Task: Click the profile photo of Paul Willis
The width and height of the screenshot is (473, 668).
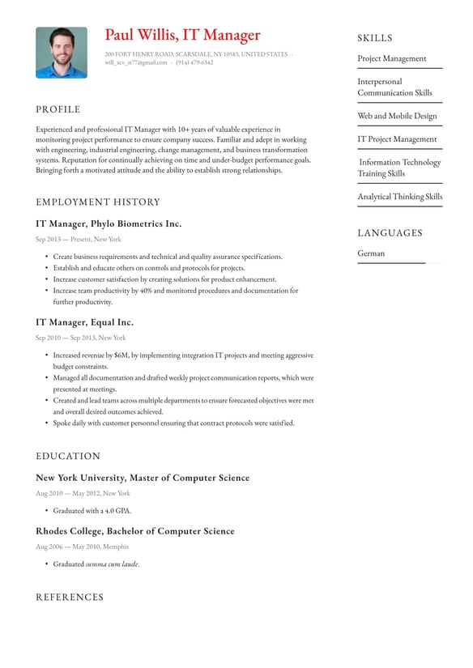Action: coord(62,53)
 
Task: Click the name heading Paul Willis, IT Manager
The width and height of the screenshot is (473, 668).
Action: coord(182,35)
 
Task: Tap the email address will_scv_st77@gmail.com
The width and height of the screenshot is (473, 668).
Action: coord(136,62)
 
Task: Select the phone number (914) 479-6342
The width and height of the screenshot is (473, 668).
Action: coord(194,62)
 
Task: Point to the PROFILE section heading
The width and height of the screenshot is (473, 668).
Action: coord(58,109)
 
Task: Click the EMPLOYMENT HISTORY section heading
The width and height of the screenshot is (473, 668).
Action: coord(98,202)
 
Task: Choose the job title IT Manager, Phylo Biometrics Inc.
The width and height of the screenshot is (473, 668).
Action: coord(109,223)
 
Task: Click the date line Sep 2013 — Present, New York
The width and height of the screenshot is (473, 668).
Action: coord(79,239)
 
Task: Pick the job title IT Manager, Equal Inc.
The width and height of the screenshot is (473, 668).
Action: coord(84,322)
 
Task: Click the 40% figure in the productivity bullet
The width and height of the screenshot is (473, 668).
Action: coord(146,291)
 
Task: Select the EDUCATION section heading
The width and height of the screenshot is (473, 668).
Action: coord(68,456)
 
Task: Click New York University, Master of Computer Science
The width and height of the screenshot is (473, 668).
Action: coord(143,478)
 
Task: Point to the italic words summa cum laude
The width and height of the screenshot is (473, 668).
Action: coord(112,564)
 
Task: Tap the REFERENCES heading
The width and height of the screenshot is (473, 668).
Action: coord(70,597)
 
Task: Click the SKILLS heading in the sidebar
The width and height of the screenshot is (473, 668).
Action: coord(375,38)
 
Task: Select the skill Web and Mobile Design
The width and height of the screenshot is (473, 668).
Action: coord(397,116)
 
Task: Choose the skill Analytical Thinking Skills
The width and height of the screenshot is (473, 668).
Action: coord(400,197)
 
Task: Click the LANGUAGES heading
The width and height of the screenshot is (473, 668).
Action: coord(390,233)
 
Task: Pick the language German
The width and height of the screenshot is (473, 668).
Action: coord(371,253)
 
